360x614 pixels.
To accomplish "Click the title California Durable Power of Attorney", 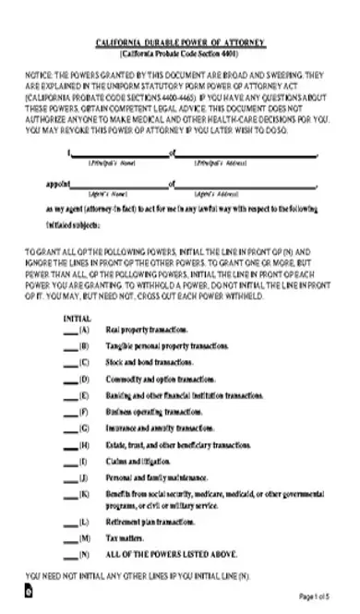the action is point(181,43).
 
